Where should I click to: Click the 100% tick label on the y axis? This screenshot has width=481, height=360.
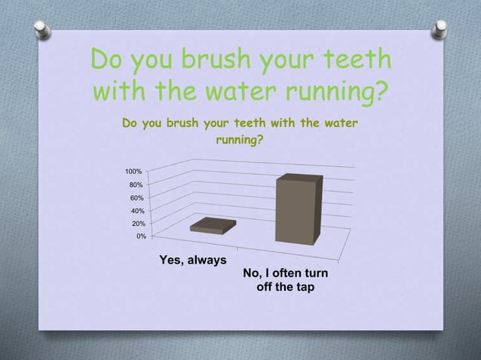[133, 172]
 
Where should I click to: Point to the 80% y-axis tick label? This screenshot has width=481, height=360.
[136, 185]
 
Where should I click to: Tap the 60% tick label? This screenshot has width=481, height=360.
[136, 198]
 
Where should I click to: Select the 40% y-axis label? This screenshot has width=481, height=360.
[136, 211]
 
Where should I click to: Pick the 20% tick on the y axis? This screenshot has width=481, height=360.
[136, 224]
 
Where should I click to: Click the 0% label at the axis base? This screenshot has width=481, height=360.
[140, 236]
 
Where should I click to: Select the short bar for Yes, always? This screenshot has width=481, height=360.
[213, 225]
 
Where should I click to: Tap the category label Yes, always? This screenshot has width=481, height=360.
[193, 260]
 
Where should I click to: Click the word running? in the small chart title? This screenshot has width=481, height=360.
[240, 139]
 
